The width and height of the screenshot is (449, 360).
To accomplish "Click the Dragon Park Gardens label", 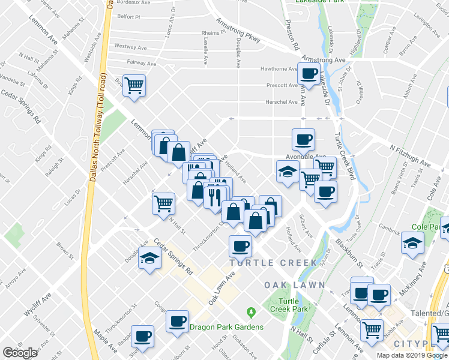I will point(226,327).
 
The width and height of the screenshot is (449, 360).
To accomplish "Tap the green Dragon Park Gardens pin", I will point(251,313).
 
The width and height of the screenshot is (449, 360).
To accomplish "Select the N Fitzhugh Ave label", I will point(410,155).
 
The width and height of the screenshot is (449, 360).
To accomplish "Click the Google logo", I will point(20,353).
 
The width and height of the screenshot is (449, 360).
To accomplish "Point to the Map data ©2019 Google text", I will point(412,355).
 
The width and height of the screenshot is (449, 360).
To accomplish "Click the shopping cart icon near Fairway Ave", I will point(134,85).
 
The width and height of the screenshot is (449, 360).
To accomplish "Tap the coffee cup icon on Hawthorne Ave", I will point(309,74).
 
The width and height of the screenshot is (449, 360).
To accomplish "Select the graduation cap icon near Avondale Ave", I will point(288,171).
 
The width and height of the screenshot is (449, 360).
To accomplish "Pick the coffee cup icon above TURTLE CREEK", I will point(241,245).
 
